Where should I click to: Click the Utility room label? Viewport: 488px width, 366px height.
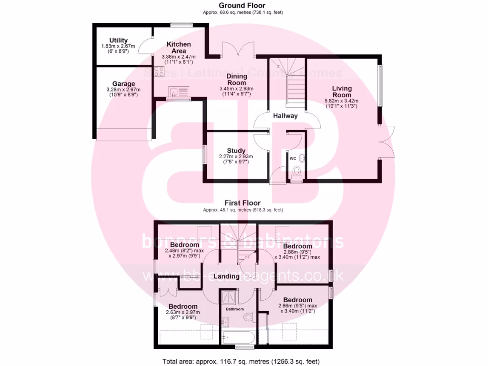tap(118, 40)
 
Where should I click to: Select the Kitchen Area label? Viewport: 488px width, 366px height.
tap(179, 47)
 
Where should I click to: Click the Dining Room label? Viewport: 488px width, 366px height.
tap(236, 79)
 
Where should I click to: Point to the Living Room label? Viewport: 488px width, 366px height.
tap(342, 91)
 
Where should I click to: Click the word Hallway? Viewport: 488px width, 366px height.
tap(285, 116)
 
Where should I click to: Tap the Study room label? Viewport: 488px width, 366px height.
tap(236, 151)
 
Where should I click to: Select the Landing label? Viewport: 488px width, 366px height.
tap(226, 276)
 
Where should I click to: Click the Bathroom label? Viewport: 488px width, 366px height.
tap(234, 309)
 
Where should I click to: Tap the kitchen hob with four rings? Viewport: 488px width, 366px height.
tap(158, 71)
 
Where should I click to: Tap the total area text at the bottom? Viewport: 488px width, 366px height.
tap(244, 361)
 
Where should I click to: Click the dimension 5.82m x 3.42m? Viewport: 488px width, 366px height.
tap(341, 101)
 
